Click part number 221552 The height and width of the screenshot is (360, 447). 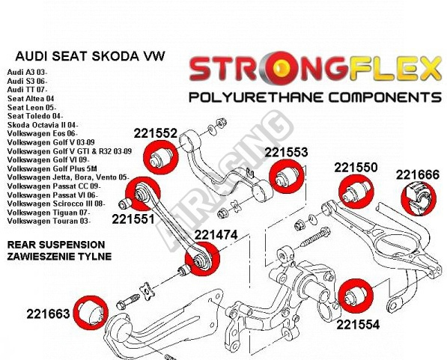(x=156, y=133)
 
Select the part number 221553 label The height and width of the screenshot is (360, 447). (x=286, y=152)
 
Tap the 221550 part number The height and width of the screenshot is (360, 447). (x=356, y=168)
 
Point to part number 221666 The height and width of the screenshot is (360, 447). (x=418, y=174)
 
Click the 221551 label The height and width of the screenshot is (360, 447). (x=133, y=219)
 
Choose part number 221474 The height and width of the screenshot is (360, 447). (x=216, y=235)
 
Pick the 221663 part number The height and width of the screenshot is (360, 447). (x=48, y=314)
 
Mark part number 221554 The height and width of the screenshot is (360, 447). (x=358, y=325)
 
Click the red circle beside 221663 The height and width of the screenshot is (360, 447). (x=91, y=313)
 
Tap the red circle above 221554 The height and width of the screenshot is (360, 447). (x=356, y=296)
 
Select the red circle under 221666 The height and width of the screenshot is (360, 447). (x=419, y=198)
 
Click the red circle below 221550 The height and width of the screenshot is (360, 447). (x=356, y=192)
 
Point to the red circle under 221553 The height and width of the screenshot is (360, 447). (x=287, y=177)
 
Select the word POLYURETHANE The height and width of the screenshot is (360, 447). (x=256, y=98)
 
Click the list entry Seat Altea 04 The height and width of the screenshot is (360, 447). (x=31, y=99)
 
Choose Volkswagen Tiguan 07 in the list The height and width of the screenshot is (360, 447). (x=49, y=213)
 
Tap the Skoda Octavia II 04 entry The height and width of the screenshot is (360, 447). (x=43, y=125)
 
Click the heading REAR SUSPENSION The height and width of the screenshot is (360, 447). (x=56, y=245)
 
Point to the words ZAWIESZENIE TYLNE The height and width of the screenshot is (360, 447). (x=59, y=256)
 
